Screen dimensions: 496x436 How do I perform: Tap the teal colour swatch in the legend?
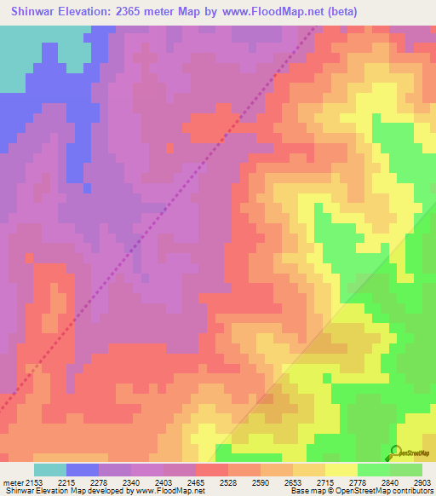point(50,470)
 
